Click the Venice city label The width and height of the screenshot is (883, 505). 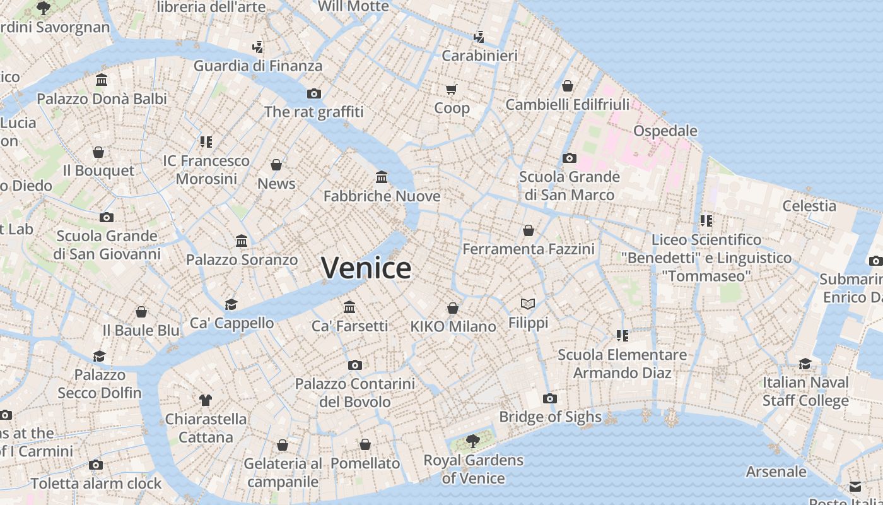pos(366,268)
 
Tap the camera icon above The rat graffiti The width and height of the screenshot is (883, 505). pos(313,93)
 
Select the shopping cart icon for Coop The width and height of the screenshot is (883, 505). pos(451,89)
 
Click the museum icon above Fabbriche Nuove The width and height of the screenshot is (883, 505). pos(382,177)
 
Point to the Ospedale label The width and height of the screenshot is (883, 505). pos(665,131)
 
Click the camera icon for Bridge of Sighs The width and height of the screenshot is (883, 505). pos(550,398)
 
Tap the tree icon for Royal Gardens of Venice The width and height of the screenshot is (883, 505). pos(472,441)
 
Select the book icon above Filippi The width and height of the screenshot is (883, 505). pos(528,304)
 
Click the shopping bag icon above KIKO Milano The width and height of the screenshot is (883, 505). pos(453,308)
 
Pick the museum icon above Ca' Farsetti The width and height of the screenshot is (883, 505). pos(349,307)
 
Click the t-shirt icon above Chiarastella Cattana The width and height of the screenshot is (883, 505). pos(206,400)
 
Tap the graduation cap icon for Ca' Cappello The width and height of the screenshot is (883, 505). pos(231,304)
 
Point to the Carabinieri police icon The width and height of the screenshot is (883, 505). pos(479,37)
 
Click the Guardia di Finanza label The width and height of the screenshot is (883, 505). pos(257,66)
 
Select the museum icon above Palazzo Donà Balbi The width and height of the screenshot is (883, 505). pos(102,80)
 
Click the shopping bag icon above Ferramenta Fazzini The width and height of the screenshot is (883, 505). pos(529,230)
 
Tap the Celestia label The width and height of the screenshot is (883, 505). pos(809,206)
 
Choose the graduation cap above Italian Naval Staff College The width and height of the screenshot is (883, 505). pos(805,364)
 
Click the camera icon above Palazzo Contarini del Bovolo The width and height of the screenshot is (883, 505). pos(355,365)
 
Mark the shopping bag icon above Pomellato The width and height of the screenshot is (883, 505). pos(365,444)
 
